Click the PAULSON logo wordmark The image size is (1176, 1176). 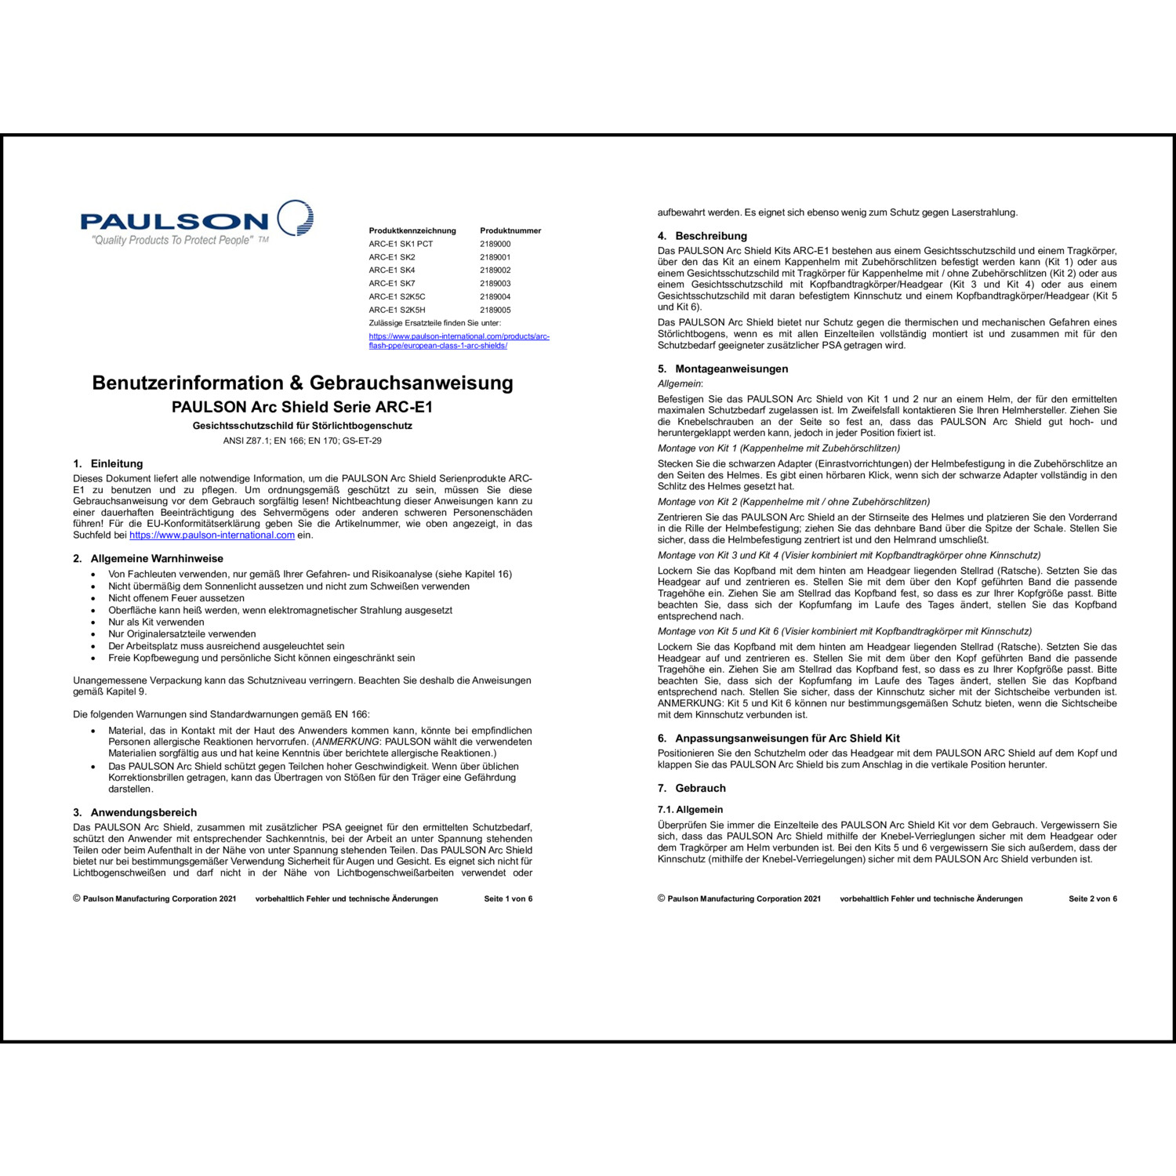pyautogui.click(x=174, y=221)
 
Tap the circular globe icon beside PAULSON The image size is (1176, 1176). pyautogui.click(x=296, y=217)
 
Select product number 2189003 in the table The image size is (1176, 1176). pyautogui.click(x=495, y=284)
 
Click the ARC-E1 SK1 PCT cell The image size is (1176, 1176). pyautogui.click(x=401, y=244)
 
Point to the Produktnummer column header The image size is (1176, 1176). pyautogui.click(x=510, y=230)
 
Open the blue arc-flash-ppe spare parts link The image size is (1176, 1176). pyautogui.click(x=459, y=341)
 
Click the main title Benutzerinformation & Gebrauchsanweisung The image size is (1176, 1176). pyautogui.click(x=303, y=383)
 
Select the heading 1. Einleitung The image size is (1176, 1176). pyautogui.click(x=108, y=463)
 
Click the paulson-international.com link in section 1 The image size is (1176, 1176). pyautogui.click(x=212, y=535)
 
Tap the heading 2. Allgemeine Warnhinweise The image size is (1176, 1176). pyautogui.click(x=148, y=559)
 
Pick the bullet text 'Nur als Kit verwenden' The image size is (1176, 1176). pyautogui.click(x=156, y=622)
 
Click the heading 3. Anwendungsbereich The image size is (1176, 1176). pyautogui.click(x=135, y=812)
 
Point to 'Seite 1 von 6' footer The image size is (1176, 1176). pyautogui.click(x=508, y=898)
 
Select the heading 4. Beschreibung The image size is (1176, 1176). pyautogui.click(x=702, y=236)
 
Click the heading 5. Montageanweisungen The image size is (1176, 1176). pyautogui.click(x=723, y=368)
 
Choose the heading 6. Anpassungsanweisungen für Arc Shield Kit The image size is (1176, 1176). pyautogui.click(x=779, y=738)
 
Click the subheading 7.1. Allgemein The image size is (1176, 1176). pyautogui.click(x=690, y=809)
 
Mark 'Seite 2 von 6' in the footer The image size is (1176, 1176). pyautogui.click(x=1093, y=898)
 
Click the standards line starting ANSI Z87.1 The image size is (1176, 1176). pyautogui.click(x=303, y=441)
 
